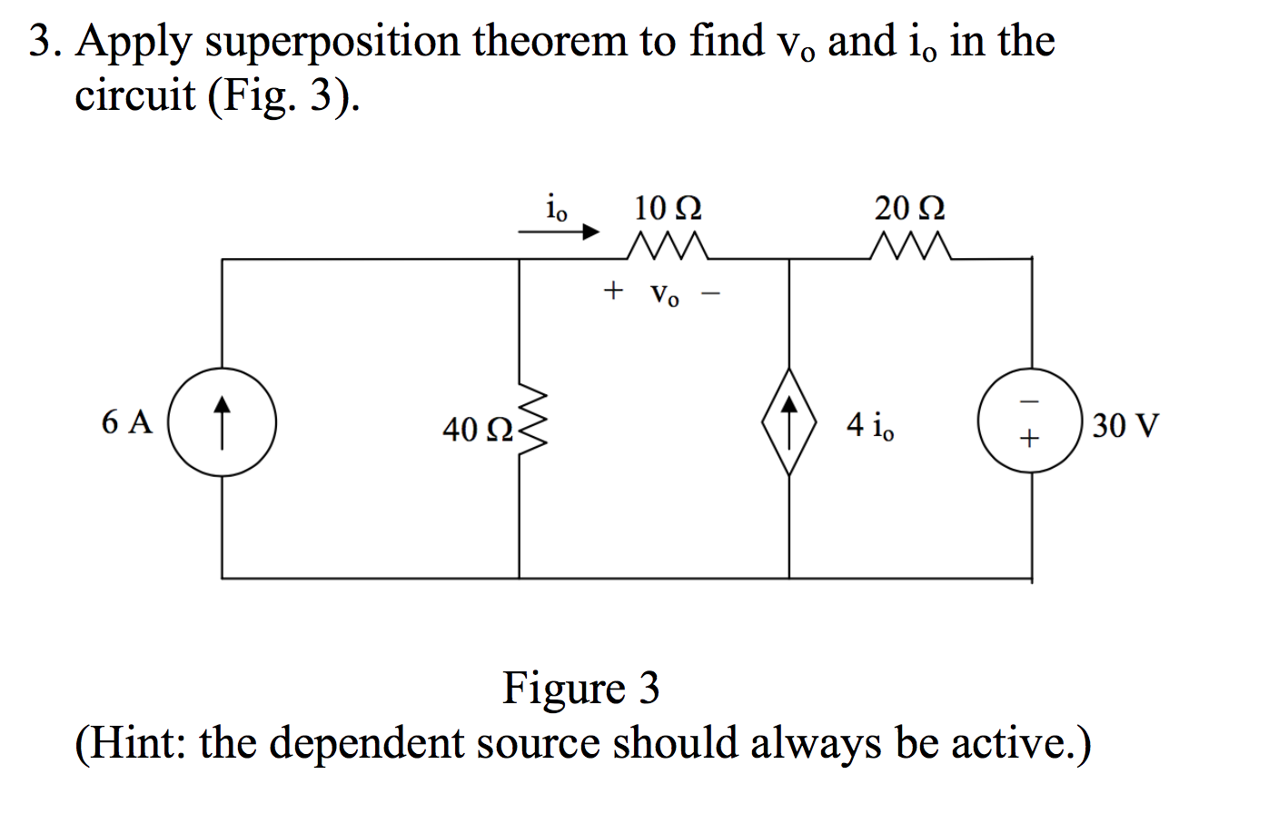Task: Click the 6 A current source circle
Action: [x=223, y=422]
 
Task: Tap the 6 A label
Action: [x=127, y=422]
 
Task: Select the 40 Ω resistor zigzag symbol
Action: [x=531, y=422]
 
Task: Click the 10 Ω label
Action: [x=668, y=208]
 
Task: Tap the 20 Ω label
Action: [x=909, y=208]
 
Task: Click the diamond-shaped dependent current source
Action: [x=788, y=422]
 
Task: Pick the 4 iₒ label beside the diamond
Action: [x=869, y=425]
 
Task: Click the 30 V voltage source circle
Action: [x=1029, y=422]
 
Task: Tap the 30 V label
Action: [x=1125, y=425]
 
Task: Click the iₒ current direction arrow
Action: [x=559, y=233]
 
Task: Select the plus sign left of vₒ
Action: [x=614, y=292]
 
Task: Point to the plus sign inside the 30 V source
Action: [x=1028, y=441]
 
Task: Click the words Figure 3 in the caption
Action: [x=581, y=688]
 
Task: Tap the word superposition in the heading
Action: [x=332, y=43]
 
